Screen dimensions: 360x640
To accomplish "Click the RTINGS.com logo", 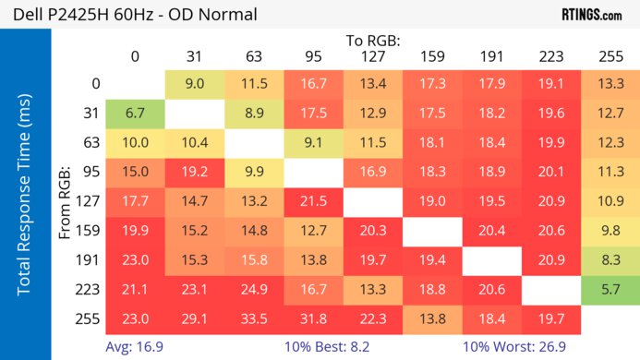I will [591, 15].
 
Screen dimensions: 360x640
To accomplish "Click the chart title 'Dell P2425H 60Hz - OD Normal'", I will [129, 15].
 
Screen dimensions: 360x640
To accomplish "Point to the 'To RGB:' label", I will [373, 41].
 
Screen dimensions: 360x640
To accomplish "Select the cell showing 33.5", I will [254, 318].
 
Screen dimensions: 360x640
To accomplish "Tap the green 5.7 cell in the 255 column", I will [610, 290].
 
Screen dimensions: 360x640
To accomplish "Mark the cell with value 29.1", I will [195, 318].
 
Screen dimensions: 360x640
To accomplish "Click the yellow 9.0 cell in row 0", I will [195, 84].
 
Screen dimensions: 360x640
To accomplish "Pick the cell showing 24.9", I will [254, 290].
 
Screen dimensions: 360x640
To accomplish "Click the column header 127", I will [373, 57].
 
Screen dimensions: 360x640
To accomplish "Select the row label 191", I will [91, 260].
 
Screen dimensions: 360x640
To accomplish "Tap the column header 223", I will [551, 57].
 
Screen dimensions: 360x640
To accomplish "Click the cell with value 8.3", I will [610, 260].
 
